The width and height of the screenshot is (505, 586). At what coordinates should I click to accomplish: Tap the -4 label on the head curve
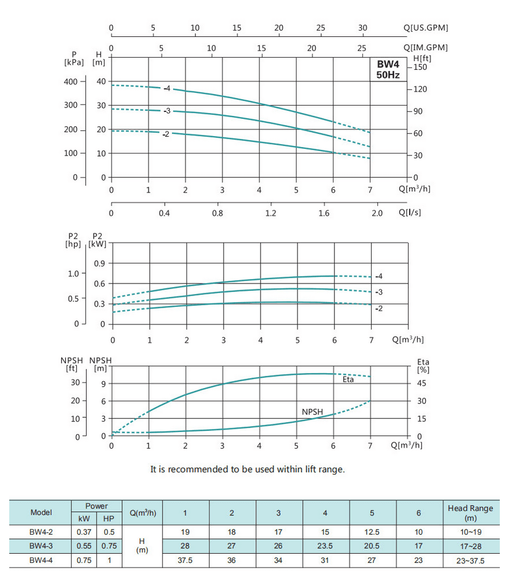click(167, 88)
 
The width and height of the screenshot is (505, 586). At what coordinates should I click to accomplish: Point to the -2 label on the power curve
click(379, 309)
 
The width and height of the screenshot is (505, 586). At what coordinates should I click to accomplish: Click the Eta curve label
click(348, 379)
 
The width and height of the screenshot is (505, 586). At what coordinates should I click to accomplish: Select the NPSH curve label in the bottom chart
click(312, 412)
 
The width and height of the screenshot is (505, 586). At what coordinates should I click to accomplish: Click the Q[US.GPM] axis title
click(426, 28)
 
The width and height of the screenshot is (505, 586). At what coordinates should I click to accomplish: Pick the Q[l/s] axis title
click(410, 212)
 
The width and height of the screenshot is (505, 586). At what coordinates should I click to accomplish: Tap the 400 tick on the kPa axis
click(70, 81)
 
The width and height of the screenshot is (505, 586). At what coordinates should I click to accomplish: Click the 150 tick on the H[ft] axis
click(420, 68)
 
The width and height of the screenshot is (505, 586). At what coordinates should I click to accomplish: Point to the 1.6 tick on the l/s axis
click(324, 213)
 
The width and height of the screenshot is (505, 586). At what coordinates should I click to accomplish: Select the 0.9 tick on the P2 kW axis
click(99, 264)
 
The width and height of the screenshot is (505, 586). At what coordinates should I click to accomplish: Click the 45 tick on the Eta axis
click(422, 383)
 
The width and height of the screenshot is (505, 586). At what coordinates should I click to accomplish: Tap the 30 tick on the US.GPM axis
click(363, 28)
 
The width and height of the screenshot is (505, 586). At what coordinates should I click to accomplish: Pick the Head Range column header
click(470, 512)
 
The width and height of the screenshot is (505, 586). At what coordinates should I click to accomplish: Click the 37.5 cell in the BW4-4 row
click(185, 560)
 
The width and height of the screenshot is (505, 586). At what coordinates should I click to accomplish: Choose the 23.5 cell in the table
click(325, 546)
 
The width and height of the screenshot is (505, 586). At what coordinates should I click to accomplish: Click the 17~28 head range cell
click(470, 546)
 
